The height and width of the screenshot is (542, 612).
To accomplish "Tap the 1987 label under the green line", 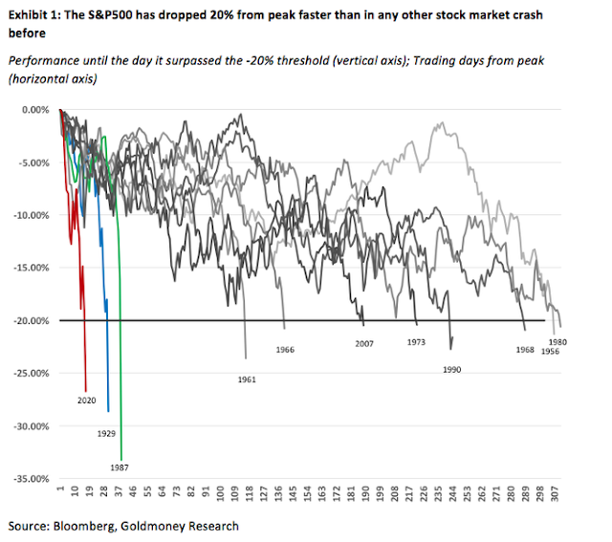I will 120,467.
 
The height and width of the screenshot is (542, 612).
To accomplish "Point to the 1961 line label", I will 247,380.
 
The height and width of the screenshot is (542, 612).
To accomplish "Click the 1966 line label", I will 284,350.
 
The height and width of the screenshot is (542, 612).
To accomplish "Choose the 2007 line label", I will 363,343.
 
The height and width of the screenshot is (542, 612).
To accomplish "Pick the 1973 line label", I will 416,341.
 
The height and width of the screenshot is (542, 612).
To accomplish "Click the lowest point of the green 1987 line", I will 120,457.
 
